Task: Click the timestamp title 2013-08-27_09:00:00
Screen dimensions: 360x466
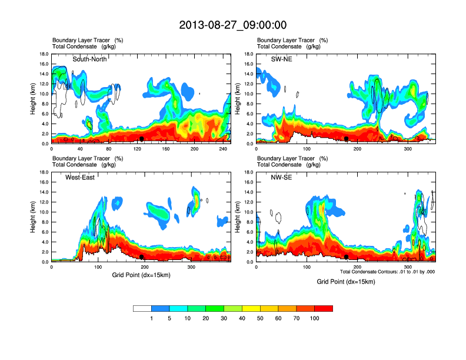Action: (x=232, y=25)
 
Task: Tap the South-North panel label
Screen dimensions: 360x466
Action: (x=90, y=59)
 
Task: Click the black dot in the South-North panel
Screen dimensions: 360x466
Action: (x=142, y=139)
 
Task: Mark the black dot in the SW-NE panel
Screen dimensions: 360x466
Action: (x=347, y=139)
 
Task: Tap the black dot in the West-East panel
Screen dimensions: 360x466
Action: (x=142, y=257)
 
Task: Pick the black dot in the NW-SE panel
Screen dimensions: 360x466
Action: (x=347, y=257)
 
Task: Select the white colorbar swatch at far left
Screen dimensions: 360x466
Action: (x=142, y=308)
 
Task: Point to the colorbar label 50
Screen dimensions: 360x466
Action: (x=260, y=318)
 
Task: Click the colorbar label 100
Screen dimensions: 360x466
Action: (x=315, y=318)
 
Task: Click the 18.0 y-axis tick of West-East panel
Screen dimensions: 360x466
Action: (x=43, y=172)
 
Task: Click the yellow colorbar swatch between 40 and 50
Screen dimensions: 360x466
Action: (x=251, y=308)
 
